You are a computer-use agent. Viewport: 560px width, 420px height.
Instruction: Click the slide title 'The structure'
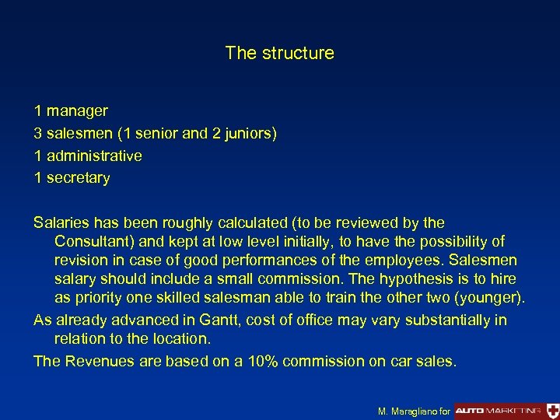point(279,53)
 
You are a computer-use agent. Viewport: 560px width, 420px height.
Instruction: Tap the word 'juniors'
point(247,134)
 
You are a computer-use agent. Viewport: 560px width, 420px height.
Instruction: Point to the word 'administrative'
point(94,156)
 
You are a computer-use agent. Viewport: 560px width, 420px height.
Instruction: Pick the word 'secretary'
point(78,178)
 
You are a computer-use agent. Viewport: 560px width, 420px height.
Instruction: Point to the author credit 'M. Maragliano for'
point(413,410)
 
